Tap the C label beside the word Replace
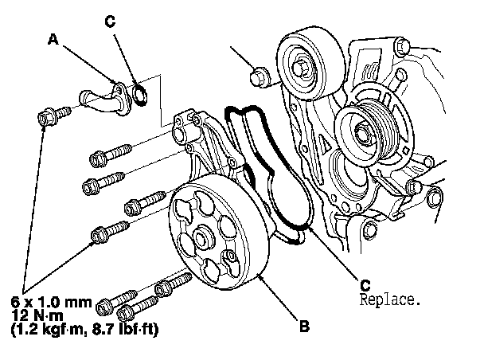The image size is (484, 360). (x=364, y=284)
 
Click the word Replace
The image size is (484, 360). (x=389, y=301)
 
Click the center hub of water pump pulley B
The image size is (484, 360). (x=201, y=239)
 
